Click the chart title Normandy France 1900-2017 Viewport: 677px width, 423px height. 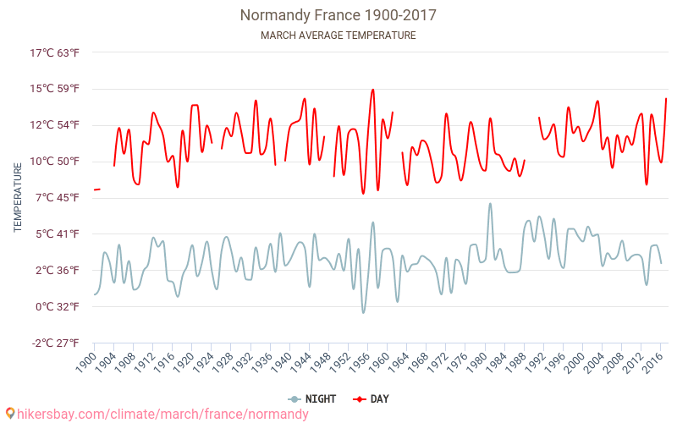[338, 15]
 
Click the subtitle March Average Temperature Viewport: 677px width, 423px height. [338, 36]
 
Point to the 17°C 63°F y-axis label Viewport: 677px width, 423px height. [55, 52]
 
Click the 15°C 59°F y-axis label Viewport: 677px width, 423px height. [55, 89]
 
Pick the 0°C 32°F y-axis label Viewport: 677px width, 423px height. [58, 306]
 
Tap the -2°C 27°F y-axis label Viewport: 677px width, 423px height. [55, 343]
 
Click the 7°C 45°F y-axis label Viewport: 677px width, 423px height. [58, 197]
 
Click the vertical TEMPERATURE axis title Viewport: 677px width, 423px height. [18, 198]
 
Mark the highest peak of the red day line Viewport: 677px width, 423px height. [372, 90]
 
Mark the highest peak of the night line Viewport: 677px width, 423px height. [490, 203]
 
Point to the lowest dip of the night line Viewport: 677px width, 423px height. [363, 313]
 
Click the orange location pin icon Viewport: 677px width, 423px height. [10, 414]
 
